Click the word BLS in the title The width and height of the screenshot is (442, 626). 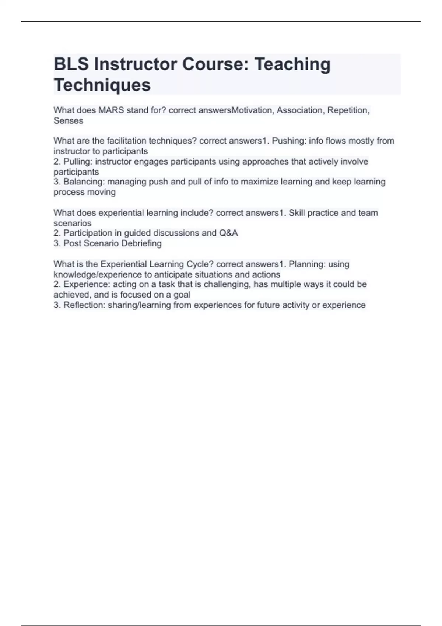(71, 64)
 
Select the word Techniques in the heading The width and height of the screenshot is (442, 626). (102, 85)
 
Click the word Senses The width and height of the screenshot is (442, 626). (68, 121)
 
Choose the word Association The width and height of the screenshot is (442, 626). (299, 110)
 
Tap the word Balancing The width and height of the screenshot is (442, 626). (84, 182)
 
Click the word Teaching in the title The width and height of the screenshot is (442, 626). (292, 64)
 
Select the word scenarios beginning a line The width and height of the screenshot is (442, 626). (72, 224)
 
